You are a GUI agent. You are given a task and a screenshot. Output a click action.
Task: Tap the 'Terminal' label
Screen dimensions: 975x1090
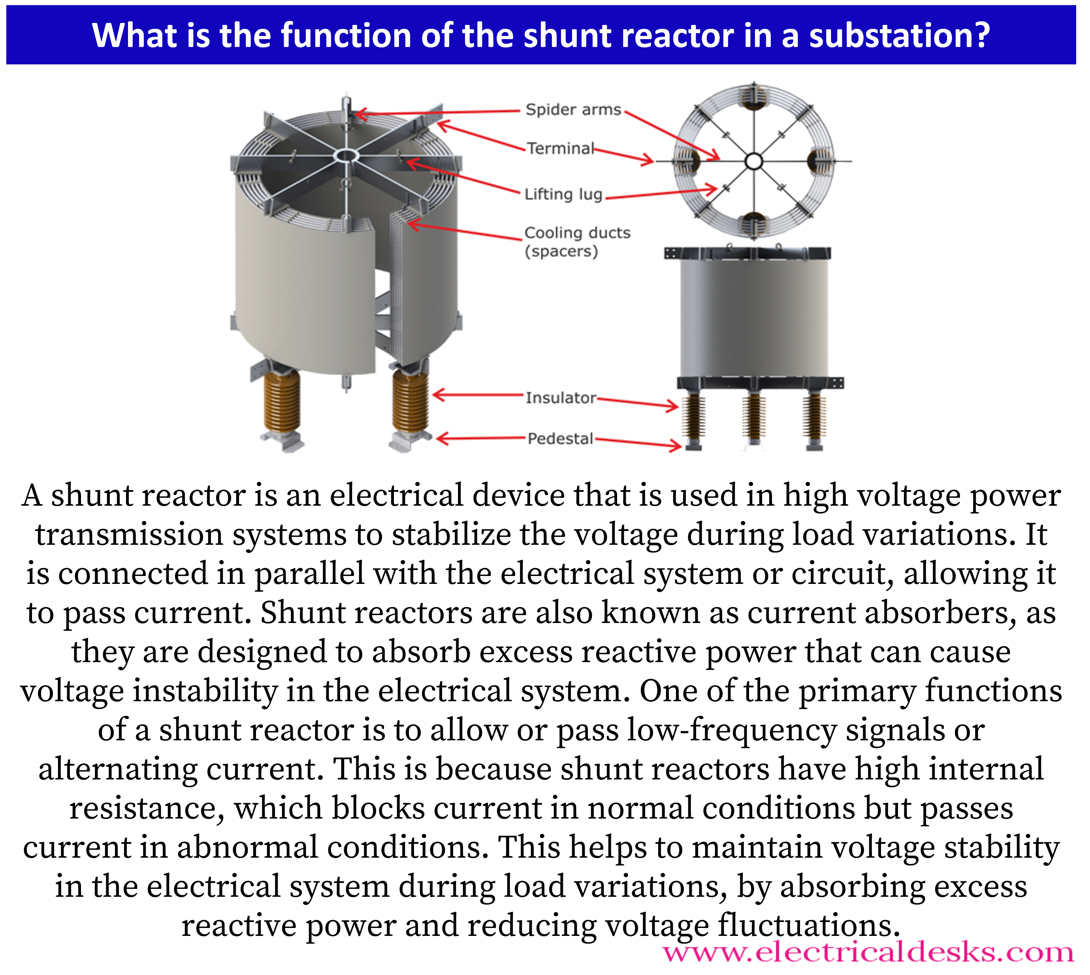point(560,149)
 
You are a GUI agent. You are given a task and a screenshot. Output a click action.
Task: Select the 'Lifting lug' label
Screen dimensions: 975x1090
point(563,194)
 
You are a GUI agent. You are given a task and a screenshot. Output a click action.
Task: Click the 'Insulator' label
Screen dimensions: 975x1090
point(560,397)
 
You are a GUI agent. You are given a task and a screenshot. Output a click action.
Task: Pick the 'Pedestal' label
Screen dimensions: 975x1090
point(560,439)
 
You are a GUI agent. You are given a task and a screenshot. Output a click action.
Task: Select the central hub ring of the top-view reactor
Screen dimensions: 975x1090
point(754,161)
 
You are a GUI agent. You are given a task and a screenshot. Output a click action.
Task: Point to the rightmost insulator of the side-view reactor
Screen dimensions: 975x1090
point(814,417)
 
